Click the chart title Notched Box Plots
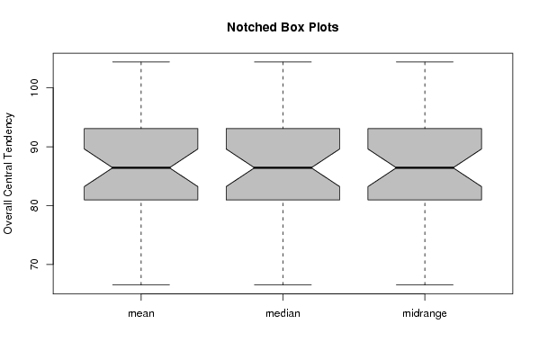[283, 27]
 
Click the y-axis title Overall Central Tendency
[8, 174]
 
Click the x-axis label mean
[141, 313]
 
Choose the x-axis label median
[283, 313]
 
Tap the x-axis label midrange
[425, 313]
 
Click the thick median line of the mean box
[141, 167]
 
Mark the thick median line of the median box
[283, 167]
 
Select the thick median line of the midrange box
[425, 167]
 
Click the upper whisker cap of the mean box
[141, 62]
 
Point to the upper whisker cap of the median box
[283, 62]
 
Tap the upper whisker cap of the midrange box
[425, 62]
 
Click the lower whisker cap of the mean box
[141, 284]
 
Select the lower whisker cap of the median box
[283, 284]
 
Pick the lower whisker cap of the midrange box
[425, 284]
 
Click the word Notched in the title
[247, 27]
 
